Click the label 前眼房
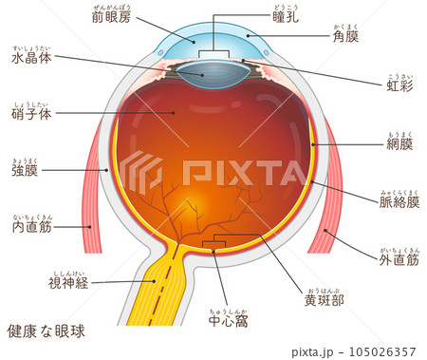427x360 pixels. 112,18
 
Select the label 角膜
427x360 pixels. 346,37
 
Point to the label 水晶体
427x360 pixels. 31,58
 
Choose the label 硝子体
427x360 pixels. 31,112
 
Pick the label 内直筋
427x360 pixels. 31,228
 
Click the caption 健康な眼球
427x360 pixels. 46,332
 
